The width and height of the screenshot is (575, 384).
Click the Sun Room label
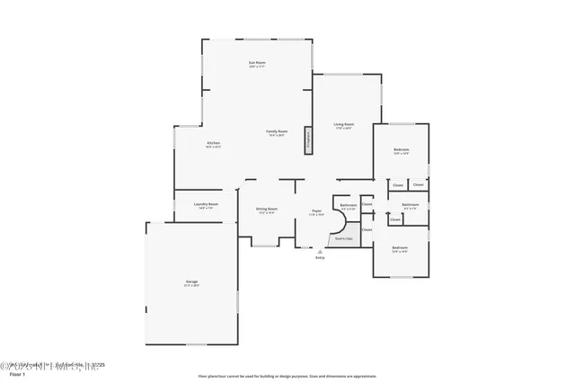pos(257,62)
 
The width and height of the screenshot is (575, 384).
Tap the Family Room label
pos(276,132)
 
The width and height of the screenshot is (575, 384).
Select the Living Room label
pos(343,124)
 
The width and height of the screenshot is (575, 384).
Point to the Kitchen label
pos(214,143)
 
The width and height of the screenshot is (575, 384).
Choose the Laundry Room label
pos(207,204)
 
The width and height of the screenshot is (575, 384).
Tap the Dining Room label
pos(267,209)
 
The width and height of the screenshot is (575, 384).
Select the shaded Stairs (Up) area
pos(342,237)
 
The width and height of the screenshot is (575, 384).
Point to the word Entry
pos(319,258)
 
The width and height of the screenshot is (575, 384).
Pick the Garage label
pos(191,282)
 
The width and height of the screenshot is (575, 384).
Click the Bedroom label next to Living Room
pos(402,149)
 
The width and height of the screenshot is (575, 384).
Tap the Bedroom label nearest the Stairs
pos(400,247)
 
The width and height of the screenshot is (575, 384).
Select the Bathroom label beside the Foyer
pos(349,205)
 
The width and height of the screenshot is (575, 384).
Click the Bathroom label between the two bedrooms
pos(411,204)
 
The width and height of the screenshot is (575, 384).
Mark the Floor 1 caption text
pos(17,374)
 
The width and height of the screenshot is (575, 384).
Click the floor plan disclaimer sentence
pos(287,376)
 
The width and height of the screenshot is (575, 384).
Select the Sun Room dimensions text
pos(257,67)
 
